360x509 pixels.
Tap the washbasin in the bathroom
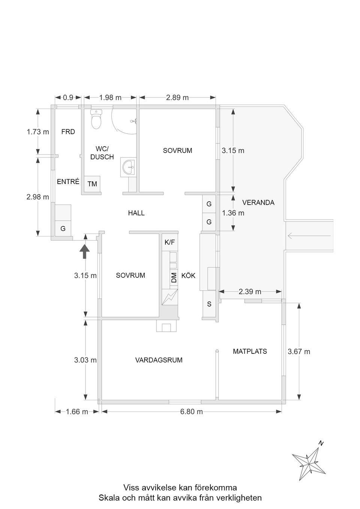point(129,167)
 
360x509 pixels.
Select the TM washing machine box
point(92,184)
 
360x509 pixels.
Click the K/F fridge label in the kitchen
point(170,242)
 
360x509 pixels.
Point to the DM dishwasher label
point(174,277)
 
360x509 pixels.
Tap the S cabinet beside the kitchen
point(209,304)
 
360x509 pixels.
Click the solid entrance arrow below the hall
point(84,252)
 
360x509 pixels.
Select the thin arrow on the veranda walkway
point(309,236)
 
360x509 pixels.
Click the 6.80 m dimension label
point(191,412)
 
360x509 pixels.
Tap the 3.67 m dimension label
point(299,352)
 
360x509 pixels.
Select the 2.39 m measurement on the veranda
point(250,292)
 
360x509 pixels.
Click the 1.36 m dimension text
point(233,213)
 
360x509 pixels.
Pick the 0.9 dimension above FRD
point(68,97)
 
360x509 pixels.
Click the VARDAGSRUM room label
point(159,360)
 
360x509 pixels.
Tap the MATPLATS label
point(250,351)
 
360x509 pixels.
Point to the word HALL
point(136,213)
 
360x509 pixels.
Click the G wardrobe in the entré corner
point(63,228)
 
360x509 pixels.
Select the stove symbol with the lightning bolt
point(170,297)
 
